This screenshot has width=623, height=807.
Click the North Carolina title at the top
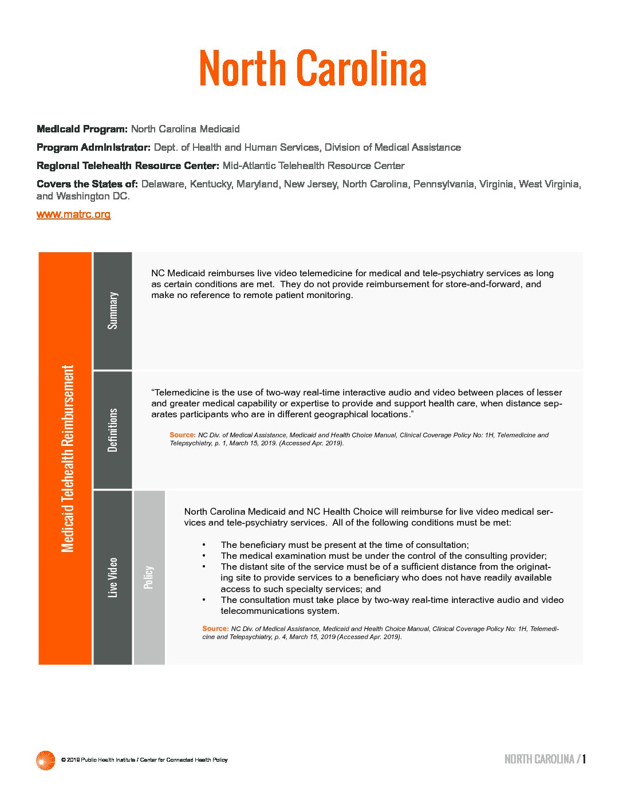[313, 68]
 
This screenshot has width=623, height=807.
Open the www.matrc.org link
[73, 214]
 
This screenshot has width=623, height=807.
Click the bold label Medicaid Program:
[82, 129]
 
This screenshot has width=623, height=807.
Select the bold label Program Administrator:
[93, 147]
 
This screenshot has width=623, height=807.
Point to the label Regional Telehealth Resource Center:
[128, 166]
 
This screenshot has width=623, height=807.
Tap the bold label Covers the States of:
[87, 184]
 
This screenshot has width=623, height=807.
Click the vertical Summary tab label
[113, 311]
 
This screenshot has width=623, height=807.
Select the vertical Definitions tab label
[113, 430]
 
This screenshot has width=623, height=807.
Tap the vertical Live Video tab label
[113, 577]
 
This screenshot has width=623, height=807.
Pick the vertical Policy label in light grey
[149, 577]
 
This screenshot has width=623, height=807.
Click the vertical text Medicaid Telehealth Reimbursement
[68, 459]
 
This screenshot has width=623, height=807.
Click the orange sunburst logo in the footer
[45, 760]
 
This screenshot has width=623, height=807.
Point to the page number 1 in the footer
[584, 759]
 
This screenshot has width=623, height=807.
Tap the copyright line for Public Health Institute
[144, 760]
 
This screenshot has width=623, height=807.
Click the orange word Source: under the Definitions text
[182, 435]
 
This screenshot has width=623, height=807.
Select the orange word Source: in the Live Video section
[215, 629]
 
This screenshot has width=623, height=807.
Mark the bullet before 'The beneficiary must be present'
[204, 545]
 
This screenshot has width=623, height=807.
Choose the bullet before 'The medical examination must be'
[204, 556]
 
